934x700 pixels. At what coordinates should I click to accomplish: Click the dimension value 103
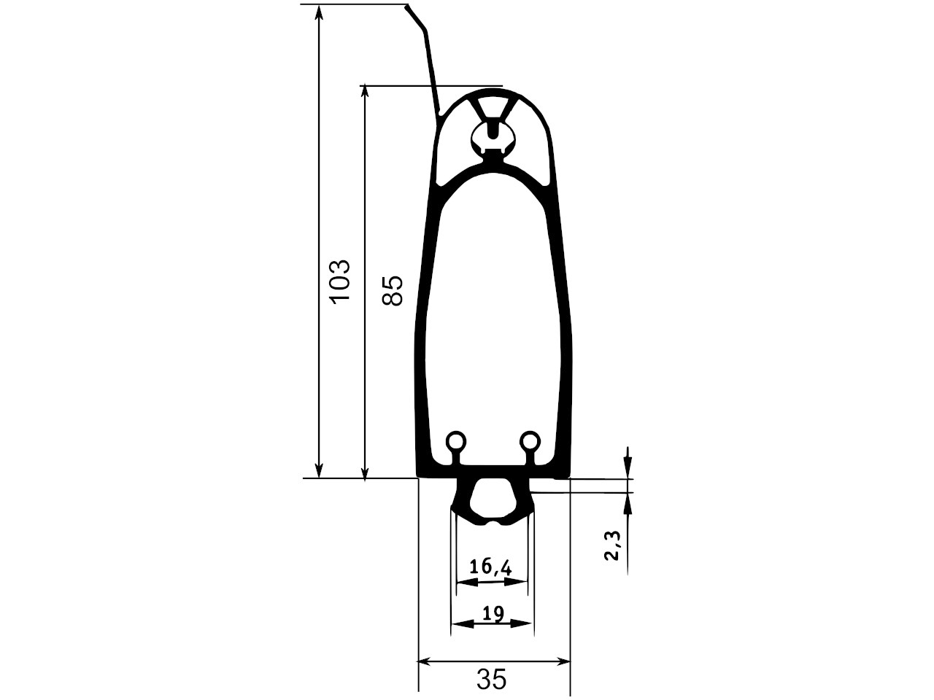point(341,281)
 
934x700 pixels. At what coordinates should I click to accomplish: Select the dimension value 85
point(391,291)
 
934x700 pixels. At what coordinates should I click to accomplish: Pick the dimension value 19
point(493,613)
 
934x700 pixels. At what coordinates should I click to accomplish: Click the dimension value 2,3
point(613,545)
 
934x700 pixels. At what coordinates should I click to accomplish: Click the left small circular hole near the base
point(456,440)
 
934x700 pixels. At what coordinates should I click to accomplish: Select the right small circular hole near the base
point(530,440)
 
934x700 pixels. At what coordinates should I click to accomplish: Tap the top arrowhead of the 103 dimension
point(319,12)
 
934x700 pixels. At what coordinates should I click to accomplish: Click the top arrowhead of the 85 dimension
point(364,93)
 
